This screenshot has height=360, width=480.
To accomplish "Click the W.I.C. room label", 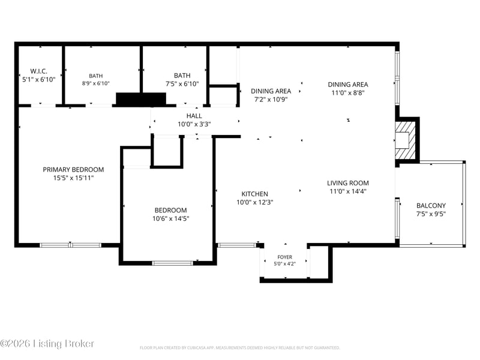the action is [x=39, y=71].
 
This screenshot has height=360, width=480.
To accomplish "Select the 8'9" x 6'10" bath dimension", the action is [x=96, y=83].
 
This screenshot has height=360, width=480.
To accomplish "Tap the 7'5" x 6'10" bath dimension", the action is [x=182, y=84].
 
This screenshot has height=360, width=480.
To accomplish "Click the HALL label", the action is [x=194, y=116].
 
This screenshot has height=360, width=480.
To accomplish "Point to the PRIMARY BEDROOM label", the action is [x=73, y=170].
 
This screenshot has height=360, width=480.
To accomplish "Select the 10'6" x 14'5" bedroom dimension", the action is [x=171, y=218].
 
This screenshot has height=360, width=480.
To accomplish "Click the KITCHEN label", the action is [x=254, y=194].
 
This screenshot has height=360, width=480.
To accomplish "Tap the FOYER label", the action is [x=284, y=257].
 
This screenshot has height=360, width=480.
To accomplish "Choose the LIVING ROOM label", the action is [x=348, y=183].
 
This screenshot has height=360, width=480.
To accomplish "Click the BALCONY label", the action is [x=431, y=206].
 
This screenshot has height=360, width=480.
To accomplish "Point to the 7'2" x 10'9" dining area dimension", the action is [x=271, y=100].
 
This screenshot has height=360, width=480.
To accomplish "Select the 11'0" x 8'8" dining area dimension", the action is [x=348, y=93].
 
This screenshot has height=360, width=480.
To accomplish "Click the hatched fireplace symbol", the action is [x=406, y=140].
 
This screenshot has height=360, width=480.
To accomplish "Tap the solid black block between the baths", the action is [x=141, y=99].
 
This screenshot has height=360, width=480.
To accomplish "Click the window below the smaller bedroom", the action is [x=173, y=263].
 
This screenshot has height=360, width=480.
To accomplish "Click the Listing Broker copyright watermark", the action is [x=47, y=343].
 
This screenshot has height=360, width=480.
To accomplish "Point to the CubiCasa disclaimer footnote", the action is [x=239, y=348].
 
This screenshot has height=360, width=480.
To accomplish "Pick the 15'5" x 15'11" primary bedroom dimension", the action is [x=73, y=178].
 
